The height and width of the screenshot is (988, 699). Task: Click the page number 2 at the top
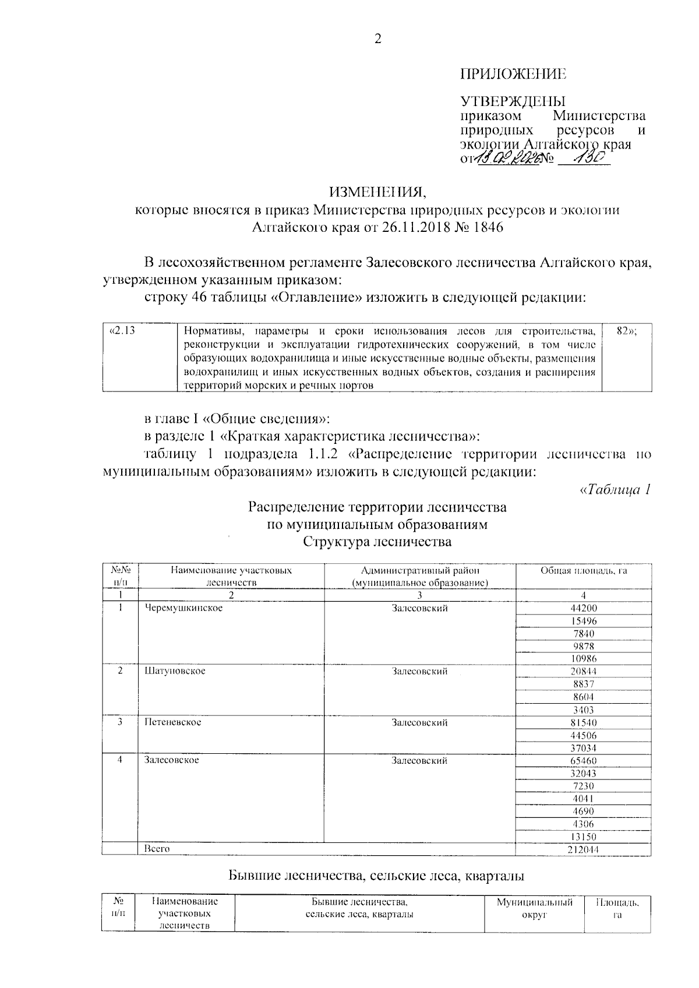(x=377, y=40)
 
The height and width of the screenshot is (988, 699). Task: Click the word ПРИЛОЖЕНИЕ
(x=513, y=75)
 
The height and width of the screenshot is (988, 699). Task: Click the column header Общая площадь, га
(x=584, y=571)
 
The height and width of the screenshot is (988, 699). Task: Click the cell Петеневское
(x=173, y=722)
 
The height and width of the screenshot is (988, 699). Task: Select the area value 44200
(x=584, y=608)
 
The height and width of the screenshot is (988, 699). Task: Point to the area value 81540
(x=584, y=722)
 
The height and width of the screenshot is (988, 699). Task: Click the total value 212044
(x=584, y=849)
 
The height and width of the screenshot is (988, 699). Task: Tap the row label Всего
(x=157, y=849)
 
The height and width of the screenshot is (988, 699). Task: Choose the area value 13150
(x=584, y=837)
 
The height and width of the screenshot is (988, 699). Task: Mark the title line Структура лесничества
(x=377, y=542)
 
